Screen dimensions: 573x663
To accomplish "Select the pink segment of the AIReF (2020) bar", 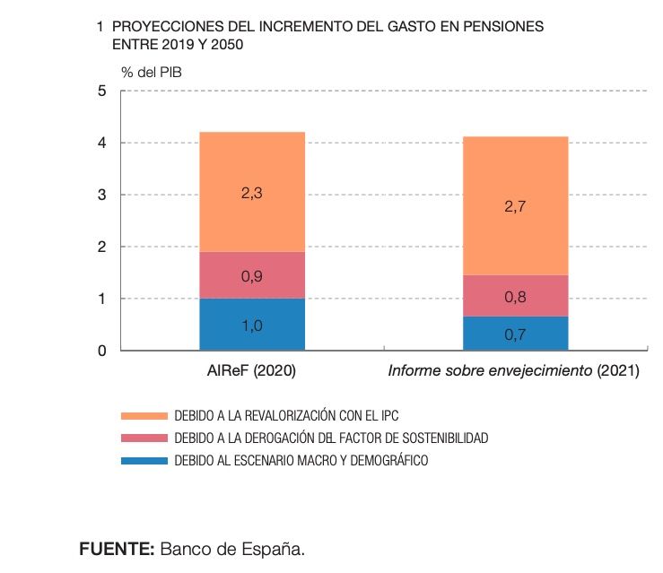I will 252,265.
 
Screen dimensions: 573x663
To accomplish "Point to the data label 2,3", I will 252,192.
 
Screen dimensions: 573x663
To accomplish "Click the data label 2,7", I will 515,206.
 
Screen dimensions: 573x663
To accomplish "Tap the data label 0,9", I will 252,277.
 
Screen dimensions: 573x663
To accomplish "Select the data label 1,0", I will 252,326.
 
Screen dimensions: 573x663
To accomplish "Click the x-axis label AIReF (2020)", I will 251,370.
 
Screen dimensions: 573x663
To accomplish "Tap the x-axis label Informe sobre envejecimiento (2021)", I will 513,370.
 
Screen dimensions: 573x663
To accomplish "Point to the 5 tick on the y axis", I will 102,91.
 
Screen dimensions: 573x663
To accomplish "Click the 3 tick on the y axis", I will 102,195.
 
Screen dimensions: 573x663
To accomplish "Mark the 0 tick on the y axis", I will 102,352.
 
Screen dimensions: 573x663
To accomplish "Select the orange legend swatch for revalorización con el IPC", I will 144,415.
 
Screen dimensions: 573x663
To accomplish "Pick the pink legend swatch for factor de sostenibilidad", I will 144,438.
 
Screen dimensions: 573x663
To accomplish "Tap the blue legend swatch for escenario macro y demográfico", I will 144,460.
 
